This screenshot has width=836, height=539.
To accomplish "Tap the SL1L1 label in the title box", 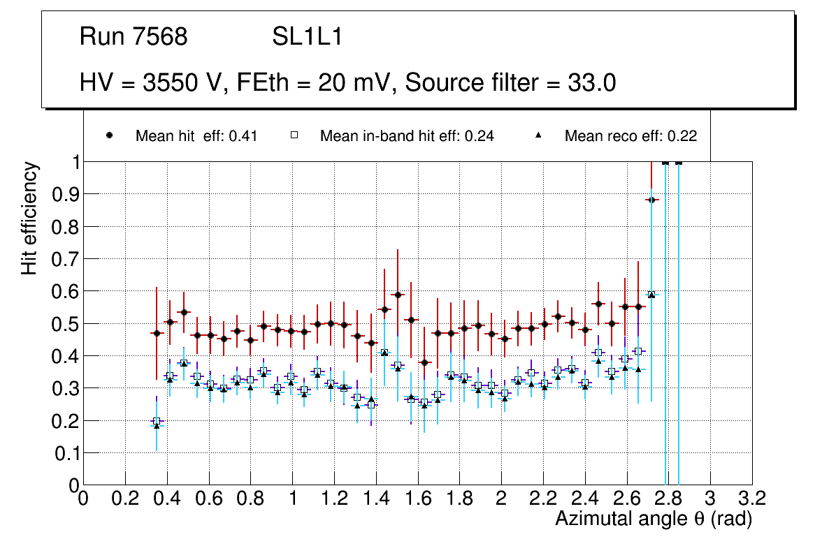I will click(x=307, y=37).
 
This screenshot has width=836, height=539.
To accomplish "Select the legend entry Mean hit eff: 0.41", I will click(x=196, y=136).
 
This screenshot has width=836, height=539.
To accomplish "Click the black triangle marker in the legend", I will click(x=539, y=136).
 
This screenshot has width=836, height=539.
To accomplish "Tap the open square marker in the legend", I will click(x=294, y=136).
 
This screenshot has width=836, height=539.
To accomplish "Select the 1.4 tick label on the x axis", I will click(x=376, y=499).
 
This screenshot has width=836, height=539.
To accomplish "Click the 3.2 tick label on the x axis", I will click(x=752, y=499).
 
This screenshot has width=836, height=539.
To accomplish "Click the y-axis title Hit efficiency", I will click(x=30, y=218).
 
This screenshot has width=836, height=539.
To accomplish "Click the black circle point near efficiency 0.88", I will click(x=651, y=200).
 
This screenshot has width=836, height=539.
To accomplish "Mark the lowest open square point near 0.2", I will click(x=157, y=421).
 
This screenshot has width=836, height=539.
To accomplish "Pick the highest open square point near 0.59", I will click(x=651, y=295).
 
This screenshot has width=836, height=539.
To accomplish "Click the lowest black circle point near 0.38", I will click(x=424, y=362).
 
